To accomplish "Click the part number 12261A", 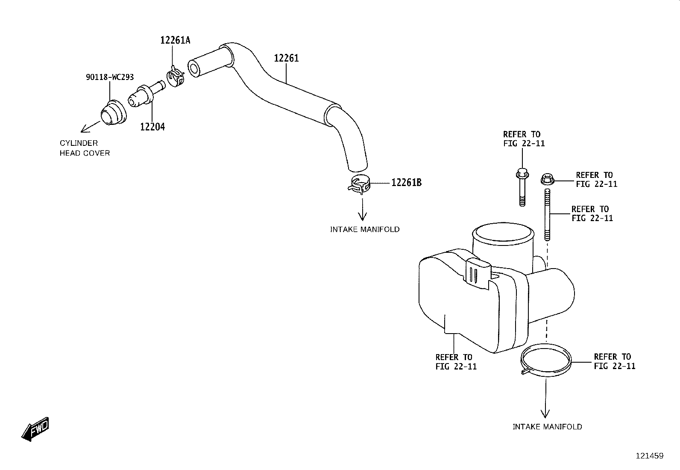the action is tap(175, 40).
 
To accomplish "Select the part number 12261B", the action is tap(406, 183).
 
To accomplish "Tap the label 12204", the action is tap(152, 127).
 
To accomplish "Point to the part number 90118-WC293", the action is tap(110, 77).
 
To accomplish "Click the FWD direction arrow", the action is tap(35, 429).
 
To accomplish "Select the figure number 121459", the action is tap(650, 456).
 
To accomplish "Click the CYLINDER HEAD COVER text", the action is tap(85, 148).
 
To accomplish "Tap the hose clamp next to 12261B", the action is tap(359, 185).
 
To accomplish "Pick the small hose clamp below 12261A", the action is tap(176, 77).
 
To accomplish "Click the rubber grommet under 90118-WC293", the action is tap(114, 112).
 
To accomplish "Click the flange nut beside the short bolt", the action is tap(547, 179).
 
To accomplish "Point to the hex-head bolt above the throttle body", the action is tap(522, 187).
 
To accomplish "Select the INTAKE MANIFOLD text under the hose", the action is tap(365, 230).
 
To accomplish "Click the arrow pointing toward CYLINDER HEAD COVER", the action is tap(91, 127).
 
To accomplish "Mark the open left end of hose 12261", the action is tap(193, 68).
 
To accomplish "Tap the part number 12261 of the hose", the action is tap(286, 58).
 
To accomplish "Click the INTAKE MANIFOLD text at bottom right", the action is tap(547, 427).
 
